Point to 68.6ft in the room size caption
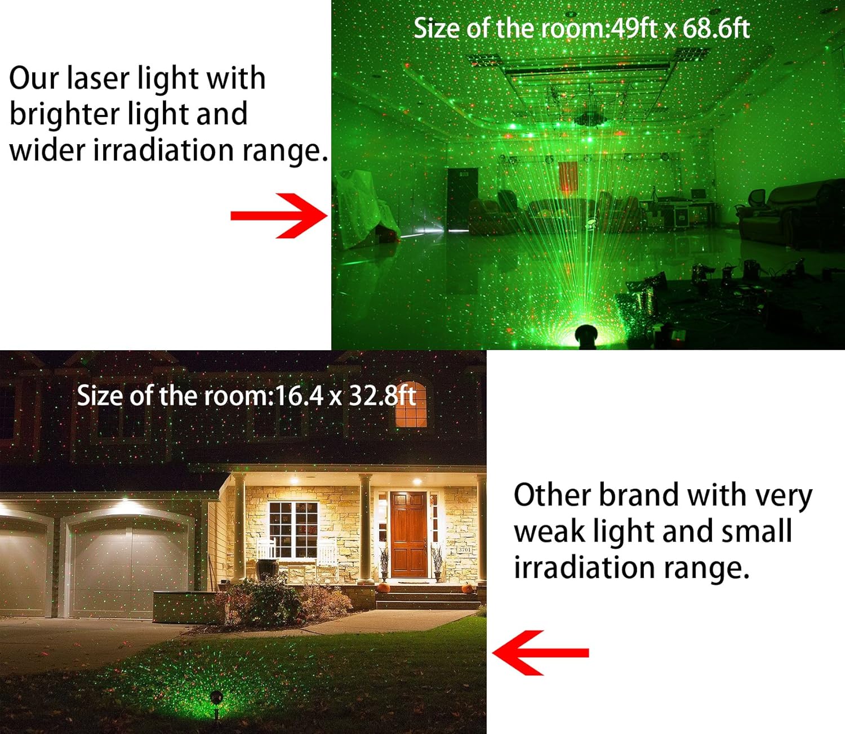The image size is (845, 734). pos(715,28)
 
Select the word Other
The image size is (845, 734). pos(552,495)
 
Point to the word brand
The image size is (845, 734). pos(638,495)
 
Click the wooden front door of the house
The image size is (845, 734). pos(408,535)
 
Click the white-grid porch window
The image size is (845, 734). pos(293,529)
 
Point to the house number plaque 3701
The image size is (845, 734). pos(464,549)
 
